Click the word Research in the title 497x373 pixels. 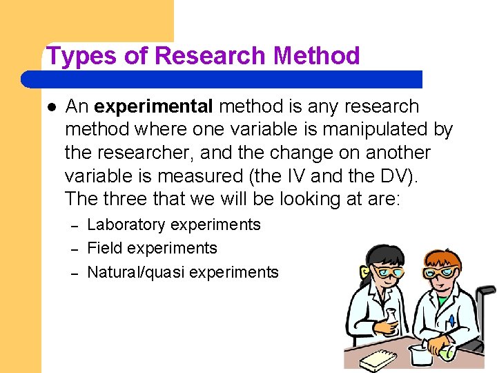point(211,56)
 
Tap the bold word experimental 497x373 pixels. point(154,106)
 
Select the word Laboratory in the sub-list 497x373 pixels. point(126,224)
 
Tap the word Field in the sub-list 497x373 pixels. point(103,248)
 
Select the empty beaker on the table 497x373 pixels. point(420,354)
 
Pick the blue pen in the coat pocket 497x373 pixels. point(451,321)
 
